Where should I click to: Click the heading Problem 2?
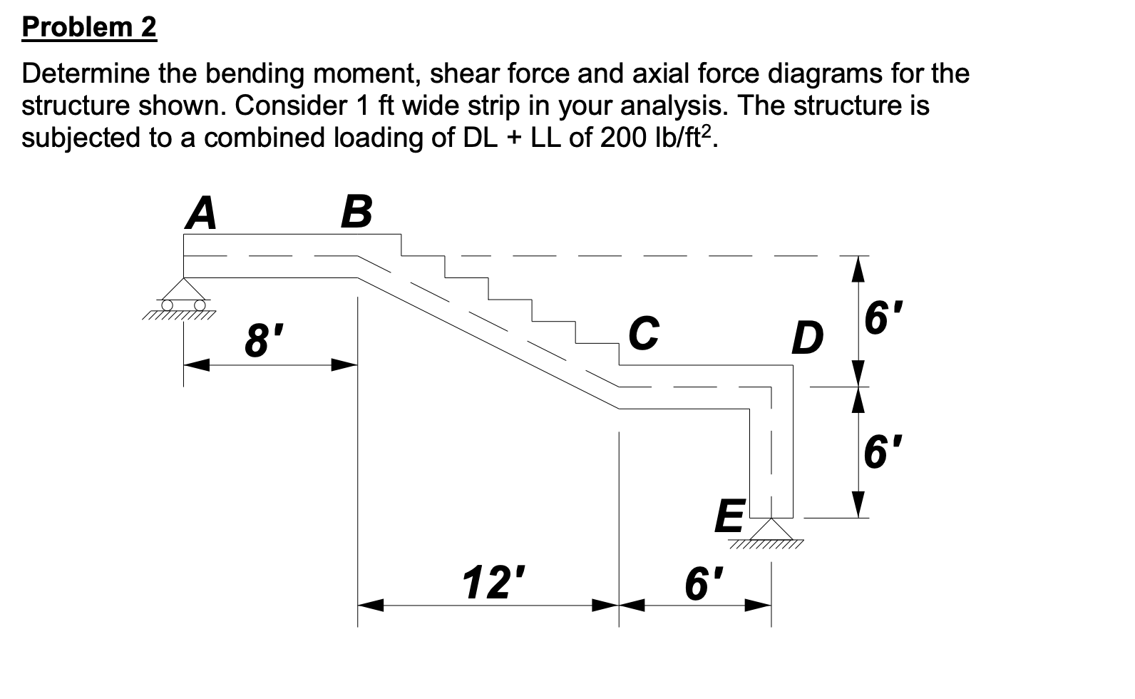click(89, 28)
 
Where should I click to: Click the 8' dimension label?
click(259, 342)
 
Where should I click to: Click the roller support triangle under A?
click(184, 290)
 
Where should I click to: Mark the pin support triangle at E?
click(770, 529)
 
